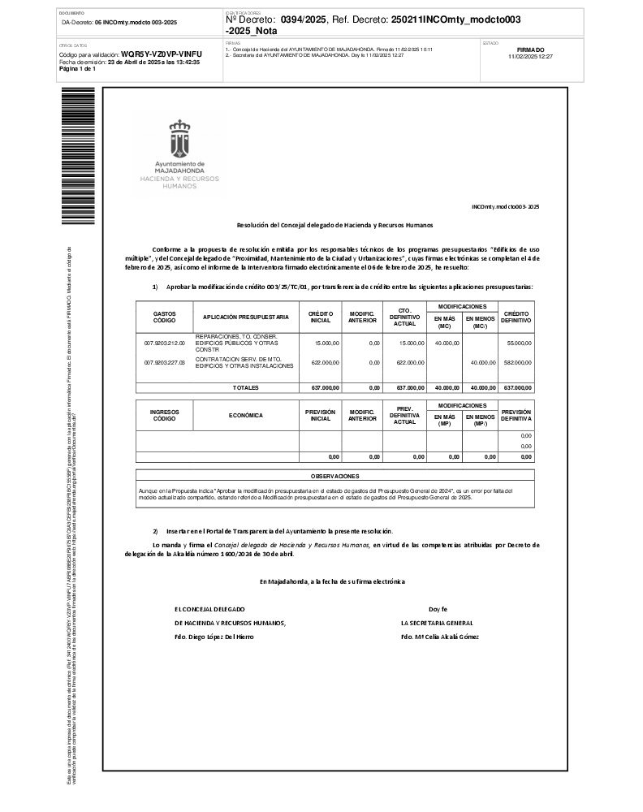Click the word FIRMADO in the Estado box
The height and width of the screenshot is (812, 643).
coord(530,50)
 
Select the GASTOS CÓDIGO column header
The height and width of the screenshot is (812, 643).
coord(164,317)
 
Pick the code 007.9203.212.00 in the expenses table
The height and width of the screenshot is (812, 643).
coord(165,343)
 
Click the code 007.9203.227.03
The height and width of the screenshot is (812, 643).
coord(165,362)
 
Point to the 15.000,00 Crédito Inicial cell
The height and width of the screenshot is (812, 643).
coord(327,343)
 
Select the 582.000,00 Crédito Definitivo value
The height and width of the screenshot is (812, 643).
coord(517,362)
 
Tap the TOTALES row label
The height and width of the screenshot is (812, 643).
coord(245,387)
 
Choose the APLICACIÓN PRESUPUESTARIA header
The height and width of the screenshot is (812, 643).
coord(246,317)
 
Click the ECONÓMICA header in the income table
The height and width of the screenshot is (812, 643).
coord(246,415)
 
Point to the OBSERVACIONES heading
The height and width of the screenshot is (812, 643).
coord(334,476)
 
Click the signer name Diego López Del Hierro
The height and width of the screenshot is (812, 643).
coord(214,637)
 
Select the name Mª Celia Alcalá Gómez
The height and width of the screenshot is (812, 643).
coord(439,637)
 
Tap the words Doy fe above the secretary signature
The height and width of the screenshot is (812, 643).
coord(438,608)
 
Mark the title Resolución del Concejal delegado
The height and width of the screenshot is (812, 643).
coord(334,224)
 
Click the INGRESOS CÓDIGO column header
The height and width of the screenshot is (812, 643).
coord(164,415)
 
